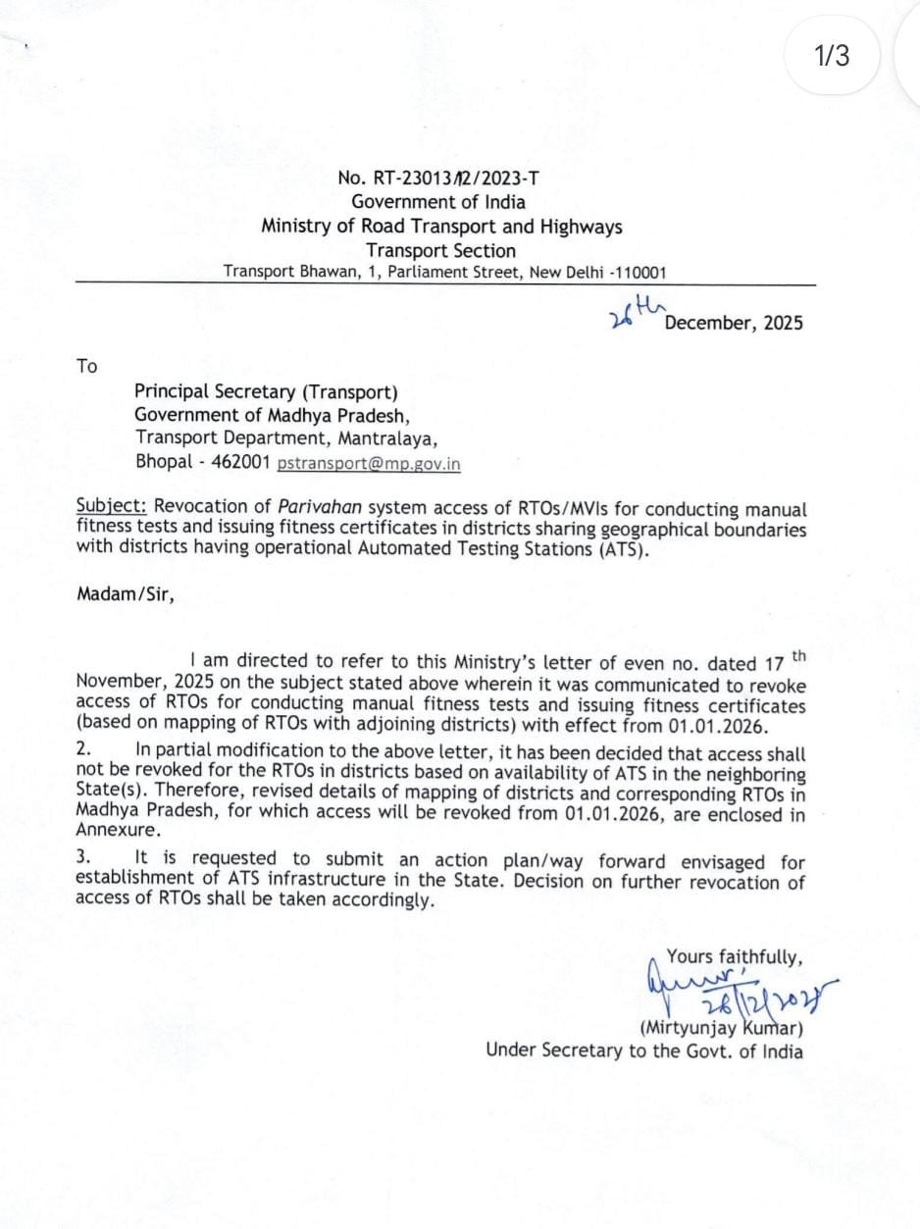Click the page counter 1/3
[832, 56]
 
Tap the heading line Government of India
[438, 202]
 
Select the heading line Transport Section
[440, 250]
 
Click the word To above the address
[87, 366]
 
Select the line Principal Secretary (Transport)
[266, 391]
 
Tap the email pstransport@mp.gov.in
[369, 463]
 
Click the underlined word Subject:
[112, 507]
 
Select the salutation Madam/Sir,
[126, 593]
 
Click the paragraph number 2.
[83, 750]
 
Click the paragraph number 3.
[83, 857]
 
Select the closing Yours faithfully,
[735, 956]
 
